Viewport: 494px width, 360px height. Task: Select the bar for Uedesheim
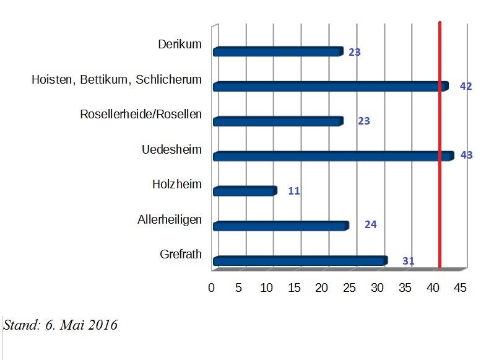pyautogui.click(x=333, y=156)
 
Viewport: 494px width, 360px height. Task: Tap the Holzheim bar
pyautogui.click(x=245, y=191)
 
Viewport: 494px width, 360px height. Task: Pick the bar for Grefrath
pyautogui.click(x=300, y=261)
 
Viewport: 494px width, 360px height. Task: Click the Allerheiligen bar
pyautogui.click(x=280, y=226)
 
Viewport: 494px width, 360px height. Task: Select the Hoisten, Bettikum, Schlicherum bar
pyautogui.click(x=330, y=87)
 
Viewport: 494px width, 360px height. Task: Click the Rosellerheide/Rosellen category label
pyautogui.click(x=141, y=115)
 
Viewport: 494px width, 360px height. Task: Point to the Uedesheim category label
pyautogui.click(x=171, y=149)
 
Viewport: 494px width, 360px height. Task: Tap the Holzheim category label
pyautogui.click(x=176, y=184)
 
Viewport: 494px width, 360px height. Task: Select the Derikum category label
pyautogui.click(x=180, y=45)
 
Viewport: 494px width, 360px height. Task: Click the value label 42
pyautogui.click(x=466, y=87)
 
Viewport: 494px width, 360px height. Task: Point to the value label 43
pyautogui.click(x=466, y=156)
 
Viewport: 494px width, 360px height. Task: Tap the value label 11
pyautogui.click(x=294, y=191)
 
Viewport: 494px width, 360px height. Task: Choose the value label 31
pyautogui.click(x=408, y=261)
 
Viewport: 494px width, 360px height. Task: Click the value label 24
pyautogui.click(x=371, y=224)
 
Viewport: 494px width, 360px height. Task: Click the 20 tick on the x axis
pyautogui.click(x=323, y=288)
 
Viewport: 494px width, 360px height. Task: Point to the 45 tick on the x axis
pyautogui.click(x=461, y=288)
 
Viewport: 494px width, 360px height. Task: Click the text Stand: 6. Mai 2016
pyautogui.click(x=61, y=325)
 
